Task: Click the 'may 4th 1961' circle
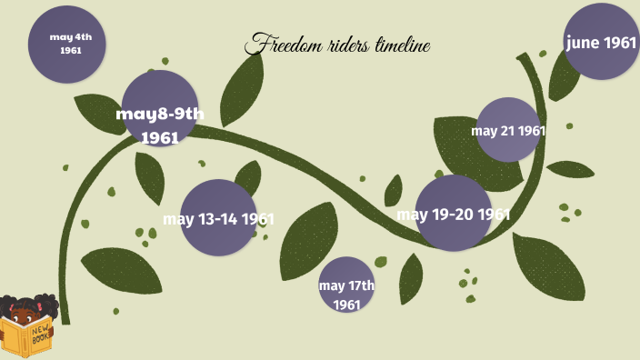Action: [66, 45]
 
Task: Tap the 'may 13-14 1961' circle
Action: [218, 218]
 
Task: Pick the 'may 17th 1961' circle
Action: [346, 285]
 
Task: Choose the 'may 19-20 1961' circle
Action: [453, 214]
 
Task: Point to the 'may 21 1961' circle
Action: [508, 130]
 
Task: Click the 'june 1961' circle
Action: [601, 42]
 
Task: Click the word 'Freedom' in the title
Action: [280, 45]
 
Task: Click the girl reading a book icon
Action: [28, 325]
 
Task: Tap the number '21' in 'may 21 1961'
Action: [509, 131]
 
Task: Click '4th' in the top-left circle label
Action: [84, 37]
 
